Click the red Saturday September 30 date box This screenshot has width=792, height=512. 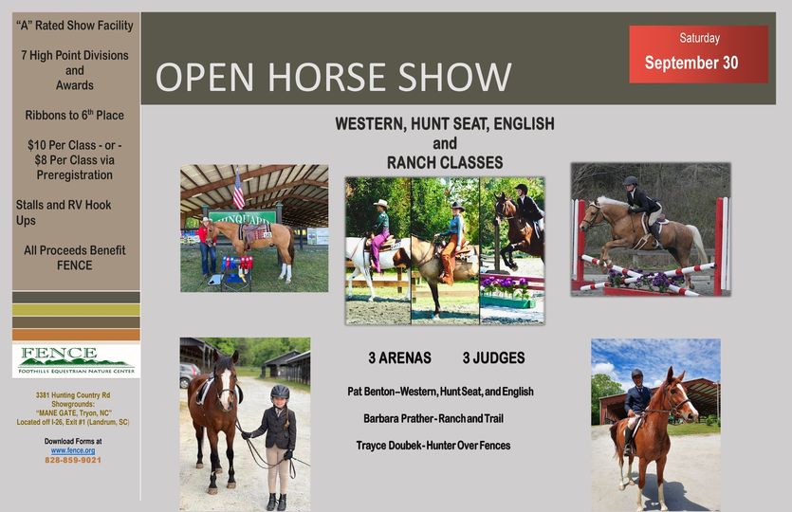click(698, 54)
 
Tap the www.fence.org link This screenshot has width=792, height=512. click(73, 450)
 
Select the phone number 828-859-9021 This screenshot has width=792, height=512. click(73, 460)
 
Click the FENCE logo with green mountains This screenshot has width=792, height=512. click(76, 360)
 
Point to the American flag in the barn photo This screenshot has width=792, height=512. click(238, 189)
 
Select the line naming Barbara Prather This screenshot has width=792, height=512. click(433, 418)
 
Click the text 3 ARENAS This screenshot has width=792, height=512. click(399, 358)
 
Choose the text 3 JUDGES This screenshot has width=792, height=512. click(493, 358)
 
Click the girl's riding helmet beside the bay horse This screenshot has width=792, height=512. click(280, 392)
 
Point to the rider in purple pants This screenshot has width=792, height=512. click(378, 234)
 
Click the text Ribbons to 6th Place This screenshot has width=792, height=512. click(74, 115)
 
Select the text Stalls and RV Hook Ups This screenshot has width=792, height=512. click(64, 212)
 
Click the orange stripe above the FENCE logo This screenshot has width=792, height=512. click(76, 335)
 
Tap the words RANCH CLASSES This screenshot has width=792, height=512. click(445, 162)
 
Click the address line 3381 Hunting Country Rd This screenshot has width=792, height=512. click(73, 394)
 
